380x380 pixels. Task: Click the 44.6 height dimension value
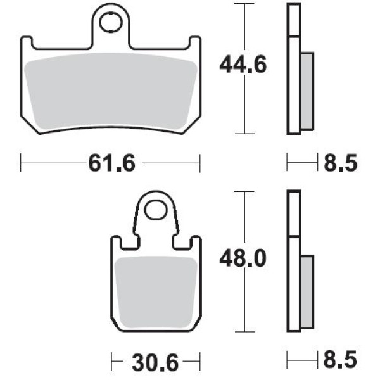[243, 65]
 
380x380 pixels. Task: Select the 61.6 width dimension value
[111, 163]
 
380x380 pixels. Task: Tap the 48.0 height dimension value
[243, 258]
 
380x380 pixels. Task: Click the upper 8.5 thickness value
[341, 163]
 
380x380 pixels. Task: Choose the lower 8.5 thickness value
[341, 359]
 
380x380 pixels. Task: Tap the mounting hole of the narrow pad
[156, 210]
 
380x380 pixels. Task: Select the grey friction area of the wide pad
[111, 91]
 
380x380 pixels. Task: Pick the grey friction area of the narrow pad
[156, 292]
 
